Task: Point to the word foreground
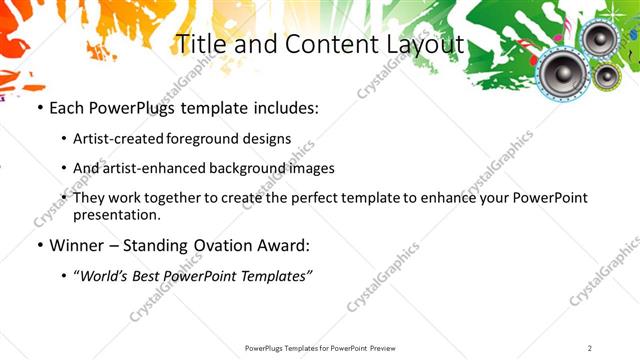pos(221,138)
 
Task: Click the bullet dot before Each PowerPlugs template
pos(38,108)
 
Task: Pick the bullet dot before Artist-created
pos(65,139)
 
